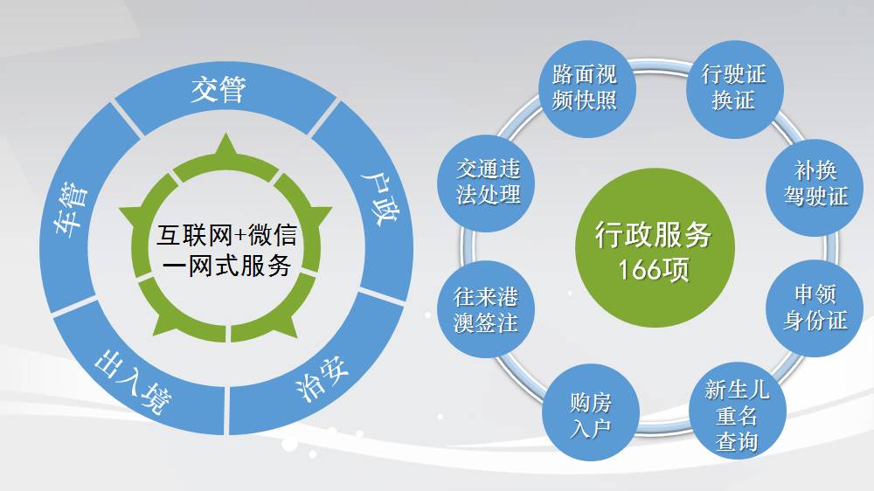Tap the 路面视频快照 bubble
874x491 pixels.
tap(585, 86)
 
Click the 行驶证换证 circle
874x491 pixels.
tap(732, 86)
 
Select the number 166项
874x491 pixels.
tap(653, 270)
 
